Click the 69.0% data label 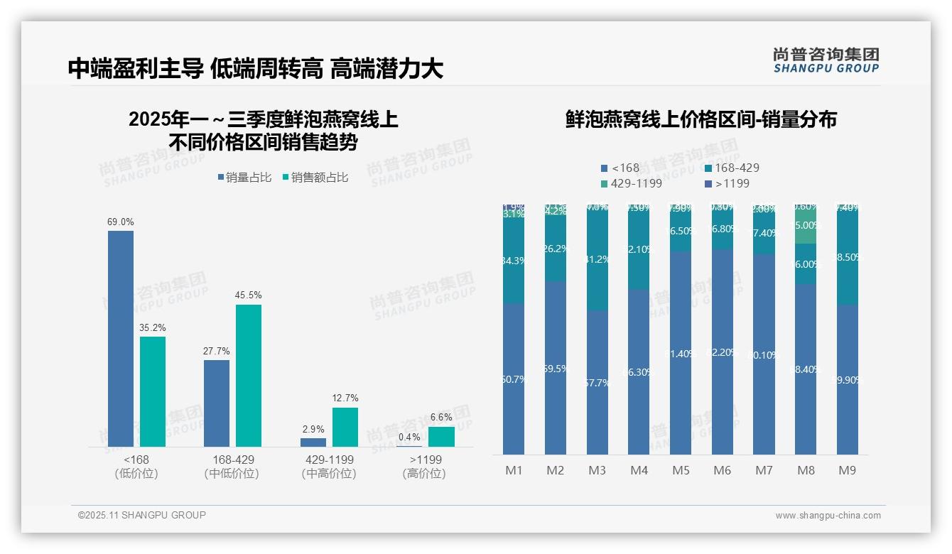coord(120,222)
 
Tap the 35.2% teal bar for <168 coord(153,391)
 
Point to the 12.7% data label coord(345,398)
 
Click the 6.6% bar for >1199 coord(441,436)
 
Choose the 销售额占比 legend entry coord(315,178)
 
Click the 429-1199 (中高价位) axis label coord(329,467)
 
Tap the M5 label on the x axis coord(681,470)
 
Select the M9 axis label coord(847,470)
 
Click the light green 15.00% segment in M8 coord(806,226)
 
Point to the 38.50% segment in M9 coord(847,257)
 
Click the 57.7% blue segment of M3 coord(597,383)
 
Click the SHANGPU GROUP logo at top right coord(826,60)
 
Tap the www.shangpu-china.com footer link coord(828,516)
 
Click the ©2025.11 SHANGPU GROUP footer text coord(142,515)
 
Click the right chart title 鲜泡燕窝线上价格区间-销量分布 coord(701,119)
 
